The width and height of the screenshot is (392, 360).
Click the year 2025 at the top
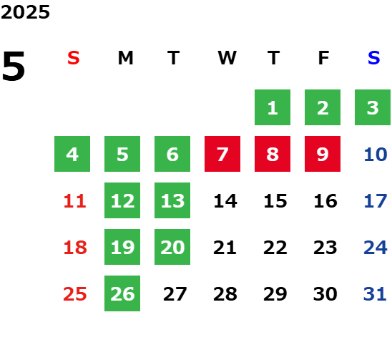(x=25, y=12)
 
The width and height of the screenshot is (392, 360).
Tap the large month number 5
(x=14, y=66)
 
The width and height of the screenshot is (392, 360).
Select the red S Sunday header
(x=74, y=58)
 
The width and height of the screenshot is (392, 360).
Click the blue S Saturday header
(x=374, y=58)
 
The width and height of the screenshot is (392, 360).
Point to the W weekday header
(x=227, y=58)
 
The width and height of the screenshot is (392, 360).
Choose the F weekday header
(x=324, y=58)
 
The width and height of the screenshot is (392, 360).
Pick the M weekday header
(x=125, y=58)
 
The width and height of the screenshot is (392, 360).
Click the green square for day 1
(x=273, y=107)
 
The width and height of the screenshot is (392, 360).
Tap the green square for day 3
(x=373, y=107)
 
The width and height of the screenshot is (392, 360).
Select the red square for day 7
(x=222, y=154)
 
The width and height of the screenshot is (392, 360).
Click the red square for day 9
(x=323, y=154)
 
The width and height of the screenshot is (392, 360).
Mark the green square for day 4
(x=72, y=154)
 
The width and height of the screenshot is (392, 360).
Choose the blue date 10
(x=376, y=155)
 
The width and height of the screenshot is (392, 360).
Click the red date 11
(x=74, y=201)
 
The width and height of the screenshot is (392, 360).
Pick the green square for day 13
(x=172, y=200)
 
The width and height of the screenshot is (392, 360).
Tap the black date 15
(x=275, y=201)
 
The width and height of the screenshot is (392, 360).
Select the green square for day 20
(x=172, y=247)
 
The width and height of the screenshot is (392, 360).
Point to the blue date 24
(x=376, y=248)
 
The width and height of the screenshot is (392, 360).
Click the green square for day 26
(x=122, y=293)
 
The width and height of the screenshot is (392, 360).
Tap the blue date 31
(x=375, y=294)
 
